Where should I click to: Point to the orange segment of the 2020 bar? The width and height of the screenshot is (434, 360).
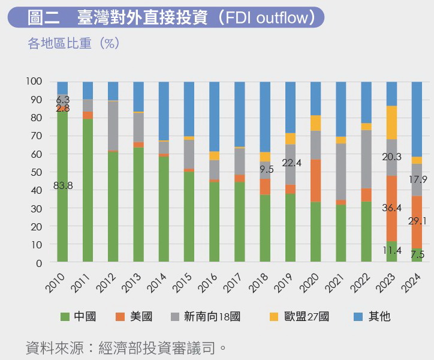click(315, 180)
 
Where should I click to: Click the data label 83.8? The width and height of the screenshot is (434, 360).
click(63, 185)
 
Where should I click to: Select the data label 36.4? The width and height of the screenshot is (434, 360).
click(393, 208)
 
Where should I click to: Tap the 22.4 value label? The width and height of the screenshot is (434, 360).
click(291, 163)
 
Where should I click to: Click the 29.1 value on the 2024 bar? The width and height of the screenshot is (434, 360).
click(417, 221)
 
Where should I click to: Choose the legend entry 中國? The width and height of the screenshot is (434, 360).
click(79, 316)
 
